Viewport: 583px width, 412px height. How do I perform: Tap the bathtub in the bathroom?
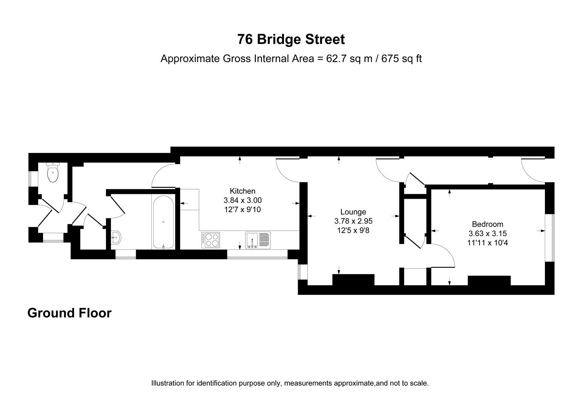pyautogui.click(x=163, y=222)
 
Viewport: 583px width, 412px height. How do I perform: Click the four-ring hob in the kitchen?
pyautogui.click(x=210, y=240)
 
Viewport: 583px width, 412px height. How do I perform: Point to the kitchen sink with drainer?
pyautogui.click(x=258, y=240)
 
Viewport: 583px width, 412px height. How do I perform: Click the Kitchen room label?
pyautogui.click(x=242, y=191)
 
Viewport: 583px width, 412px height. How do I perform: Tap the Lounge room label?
pyautogui.click(x=353, y=212)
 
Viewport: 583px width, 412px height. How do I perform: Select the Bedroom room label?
pyautogui.click(x=487, y=224)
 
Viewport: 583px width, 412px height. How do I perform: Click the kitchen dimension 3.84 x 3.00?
pyautogui.click(x=242, y=200)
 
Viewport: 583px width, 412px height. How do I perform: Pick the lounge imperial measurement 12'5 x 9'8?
pyautogui.click(x=353, y=230)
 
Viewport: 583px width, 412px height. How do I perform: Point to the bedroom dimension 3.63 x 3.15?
pyautogui.click(x=487, y=233)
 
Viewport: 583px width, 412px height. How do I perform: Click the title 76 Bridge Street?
pyautogui.click(x=291, y=39)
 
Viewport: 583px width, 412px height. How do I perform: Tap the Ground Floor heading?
pyautogui.click(x=69, y=313)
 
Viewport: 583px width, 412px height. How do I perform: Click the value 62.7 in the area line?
pyautogui.click(x=335, y=59)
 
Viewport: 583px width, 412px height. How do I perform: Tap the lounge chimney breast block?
pyautogui.click(x=353, y=280)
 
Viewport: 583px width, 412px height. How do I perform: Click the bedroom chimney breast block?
pyautogui.click(x=489, y=280)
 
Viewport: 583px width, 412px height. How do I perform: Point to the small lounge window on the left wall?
pyautogui.click(x=300, y=272)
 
